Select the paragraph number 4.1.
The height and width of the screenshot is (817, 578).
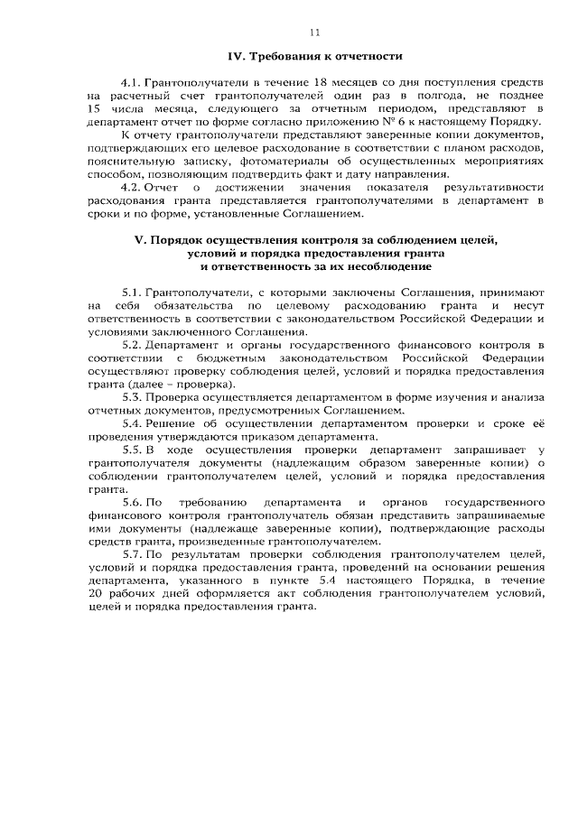coord(131,81)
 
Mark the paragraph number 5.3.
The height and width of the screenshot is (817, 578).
coord(132,398)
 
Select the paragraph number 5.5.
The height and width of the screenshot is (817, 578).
coord(132,450)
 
